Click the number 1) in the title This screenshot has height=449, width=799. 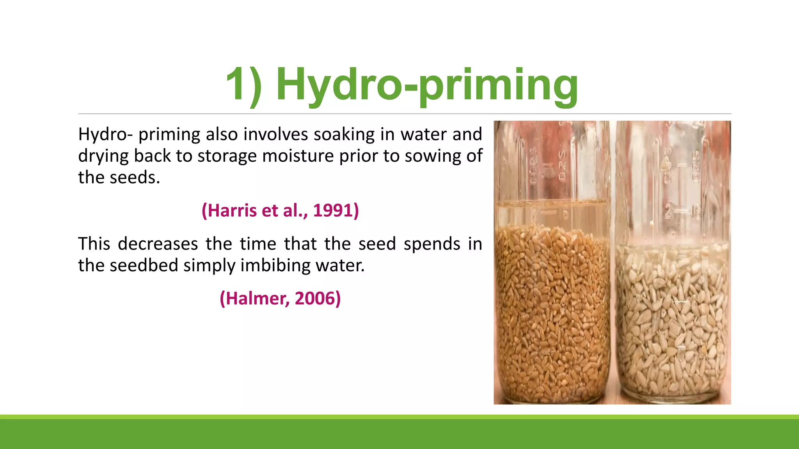tap(244, 85)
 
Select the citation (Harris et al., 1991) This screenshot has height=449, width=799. tap(280, 210)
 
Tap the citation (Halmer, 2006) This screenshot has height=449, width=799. tap(280, 299)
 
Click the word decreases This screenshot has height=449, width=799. tap(158, 244)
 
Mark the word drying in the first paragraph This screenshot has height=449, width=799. tap(103, 156)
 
